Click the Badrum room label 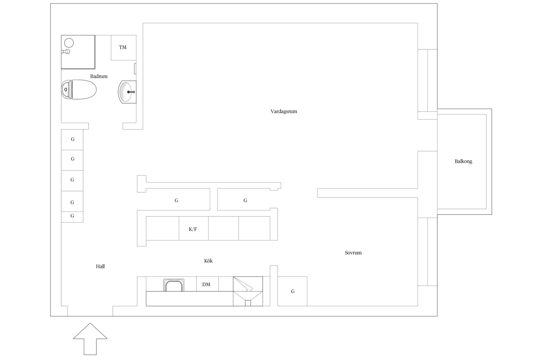(x=99, y=76)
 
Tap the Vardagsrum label (x=284, y=111)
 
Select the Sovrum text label (x=353, y=253)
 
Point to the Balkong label (x=463, y=161)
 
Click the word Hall (x=100, y=266)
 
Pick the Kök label (x=208, y=261)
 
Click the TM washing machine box (x=124, y=48)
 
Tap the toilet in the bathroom (x=79, y=89)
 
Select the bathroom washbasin (x=127, y=92)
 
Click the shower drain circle (x=69, y=43)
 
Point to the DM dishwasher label (x=206, y=285)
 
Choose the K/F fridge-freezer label (x=193, y=229)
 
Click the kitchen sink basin (x=174, y=285)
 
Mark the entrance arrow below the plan (x=90, y=339)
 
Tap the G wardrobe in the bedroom (x=292, y=291)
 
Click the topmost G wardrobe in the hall (x=72, y=140)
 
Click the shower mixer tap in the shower (x=66, y=52)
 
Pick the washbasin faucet (x=131, y=92)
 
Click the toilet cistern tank (x=67, y=90)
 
